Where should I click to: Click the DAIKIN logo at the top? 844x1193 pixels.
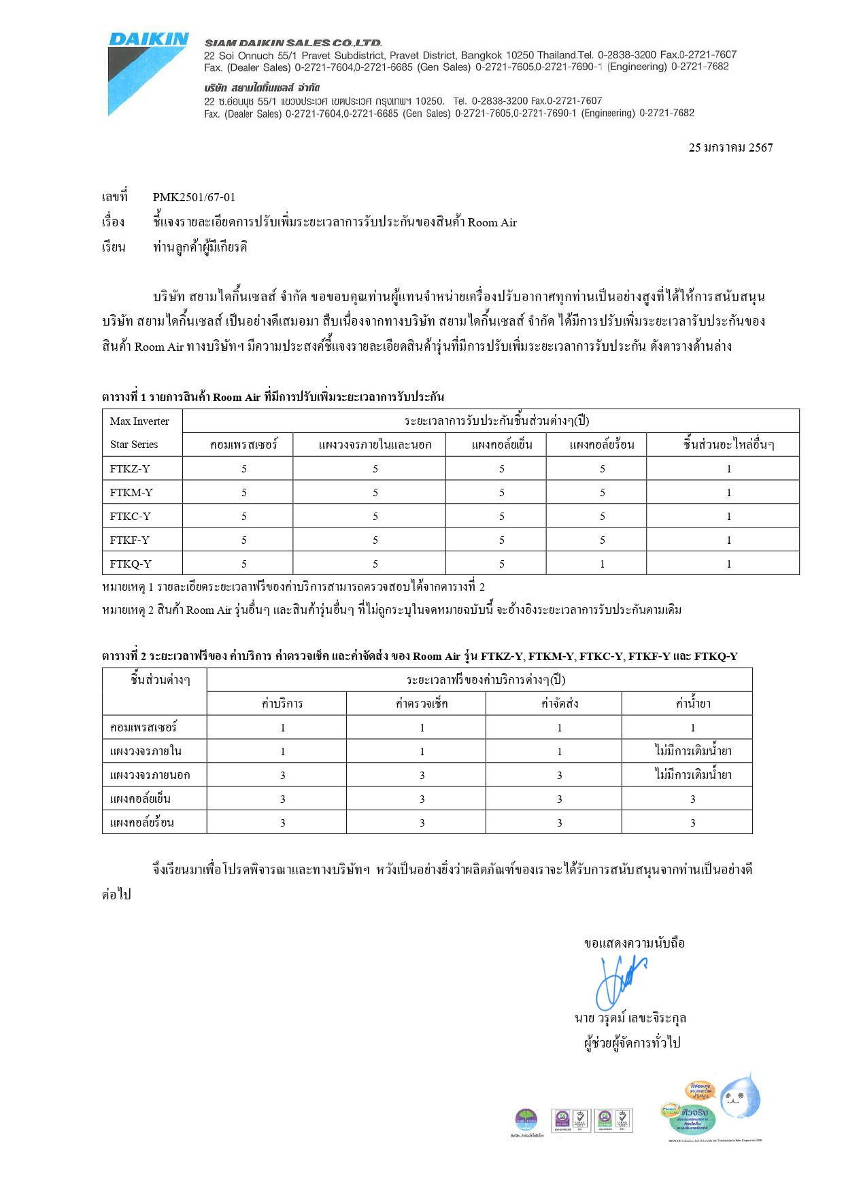[148, 39]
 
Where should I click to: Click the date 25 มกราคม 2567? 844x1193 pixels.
[730, 148]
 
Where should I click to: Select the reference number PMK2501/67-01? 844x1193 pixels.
[194, 197]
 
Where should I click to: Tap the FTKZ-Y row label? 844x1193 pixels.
[130, 468]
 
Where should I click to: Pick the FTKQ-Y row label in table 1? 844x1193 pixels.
[131, 564]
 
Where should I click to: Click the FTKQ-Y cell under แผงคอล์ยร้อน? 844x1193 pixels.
[602, 564]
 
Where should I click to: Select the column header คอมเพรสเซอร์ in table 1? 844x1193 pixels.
[243, 445]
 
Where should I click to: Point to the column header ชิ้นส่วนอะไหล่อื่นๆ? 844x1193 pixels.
[728, 445]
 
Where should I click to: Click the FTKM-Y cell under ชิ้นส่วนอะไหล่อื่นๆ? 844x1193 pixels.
[728, 492]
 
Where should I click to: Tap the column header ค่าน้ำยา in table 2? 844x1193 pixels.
[692, 704]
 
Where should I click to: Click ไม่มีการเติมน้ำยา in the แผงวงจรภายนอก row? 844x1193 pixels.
[692, 775]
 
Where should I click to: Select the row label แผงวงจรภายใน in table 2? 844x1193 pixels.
[146, 751]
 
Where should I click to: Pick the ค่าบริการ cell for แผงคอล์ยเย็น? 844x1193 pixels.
[282, 799]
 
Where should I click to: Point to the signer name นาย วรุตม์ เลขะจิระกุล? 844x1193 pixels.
[630, 1018]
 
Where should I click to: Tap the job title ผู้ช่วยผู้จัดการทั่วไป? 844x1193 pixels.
[632, 1042]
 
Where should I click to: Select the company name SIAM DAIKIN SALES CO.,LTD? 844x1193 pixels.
[293, 43]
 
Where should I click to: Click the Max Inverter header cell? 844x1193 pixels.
[140, 421]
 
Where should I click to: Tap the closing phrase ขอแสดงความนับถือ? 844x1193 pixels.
[635, 943]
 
